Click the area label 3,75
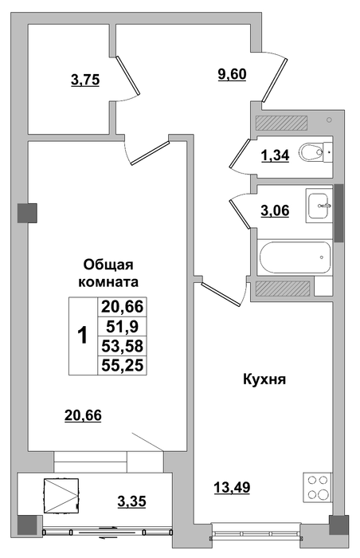pyautogui.click(x=85, y=80)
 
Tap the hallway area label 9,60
pyautogui.click(x=232, y=75)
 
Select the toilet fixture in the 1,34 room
pyautogui.click(x=315, y=152)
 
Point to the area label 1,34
pyautogui.click(x=276, y=155)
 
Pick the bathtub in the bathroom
pyautogui.click(x=295, y=257)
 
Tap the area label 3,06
pyautogui.click(x=276, y=210)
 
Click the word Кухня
pyautogui.click(x=264, y=379)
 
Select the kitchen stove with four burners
pyautogui.click(x=317, y=487)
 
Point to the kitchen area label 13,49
pyautogui.click(x=232, y=486)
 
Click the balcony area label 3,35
pyautogui.click(x=132, y=501)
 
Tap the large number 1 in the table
pyautogui.click(x=83, y=336)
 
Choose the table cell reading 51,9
pyautogui.click(x=123, y=325)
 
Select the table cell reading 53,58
pyautogui.click(x=123, y=345)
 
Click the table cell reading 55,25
pyautogui.click(x=123, y=365)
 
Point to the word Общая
pyautogui.click(x=108, y=265)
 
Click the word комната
pyautogui.click(x=108, y=282)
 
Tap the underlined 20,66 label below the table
pyautogui.click(x=84, y=415)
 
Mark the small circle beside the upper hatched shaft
pyautogui.click(x=329, y=120)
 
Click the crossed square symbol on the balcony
pyautogui.click(x=61, y=495)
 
